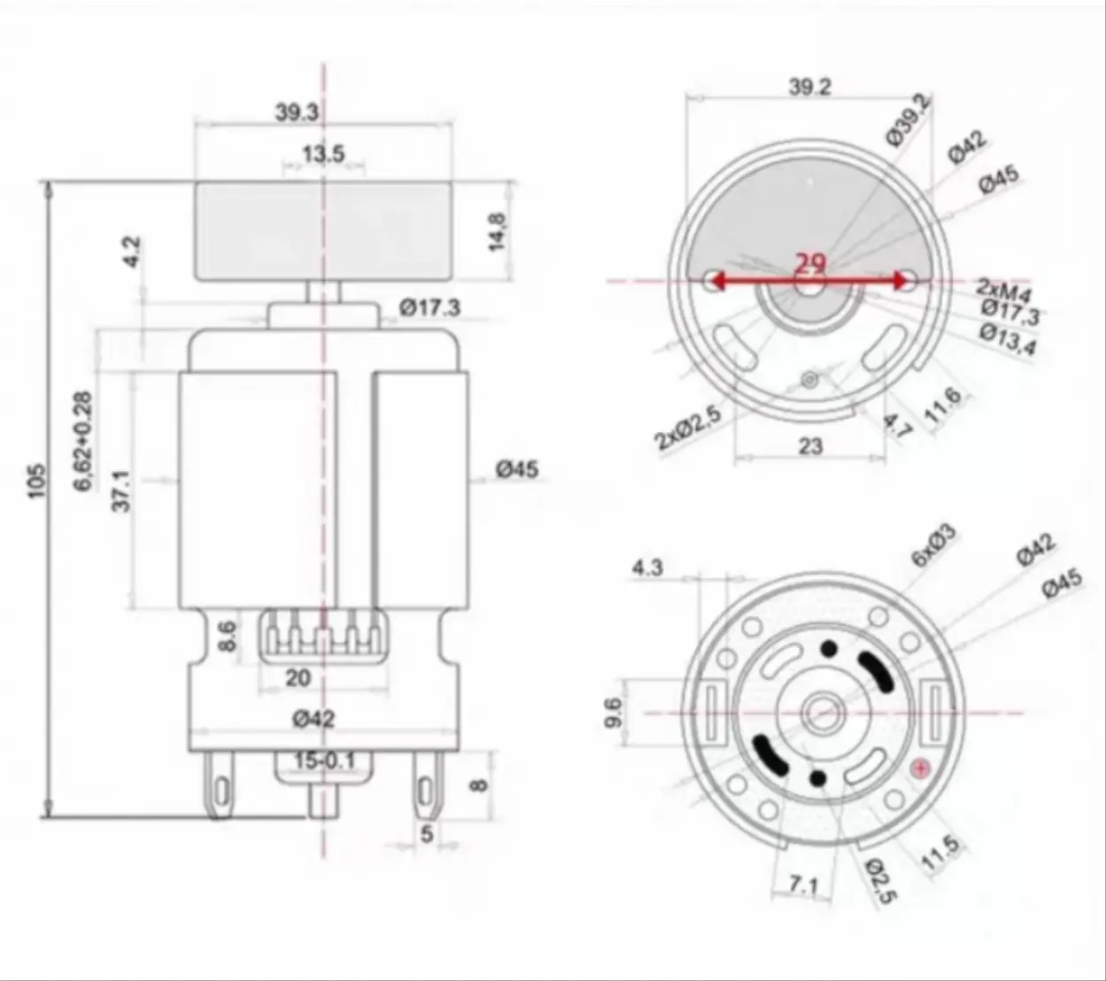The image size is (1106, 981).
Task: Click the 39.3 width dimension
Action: [x=297, y=113]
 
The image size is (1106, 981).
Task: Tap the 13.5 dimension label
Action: [x=322, y=155]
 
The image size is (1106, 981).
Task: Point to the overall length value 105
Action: [x=35, y=480]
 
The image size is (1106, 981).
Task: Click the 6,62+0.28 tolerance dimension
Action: [x=83, y=442]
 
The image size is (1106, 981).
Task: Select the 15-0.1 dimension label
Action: [x=324, y=761]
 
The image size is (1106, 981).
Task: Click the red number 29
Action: [x=810, y=264]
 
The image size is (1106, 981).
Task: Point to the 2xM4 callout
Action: [x=1004, y=288]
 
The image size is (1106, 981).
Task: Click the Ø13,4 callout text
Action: [x=1008, y=338]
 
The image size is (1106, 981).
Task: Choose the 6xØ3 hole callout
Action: [x=933, y=545]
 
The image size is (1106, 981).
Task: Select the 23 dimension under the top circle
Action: [x=810, y=446]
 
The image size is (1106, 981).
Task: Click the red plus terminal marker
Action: [x=921, y=769]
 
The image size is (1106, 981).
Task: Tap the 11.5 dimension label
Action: [x=940, y=854]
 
